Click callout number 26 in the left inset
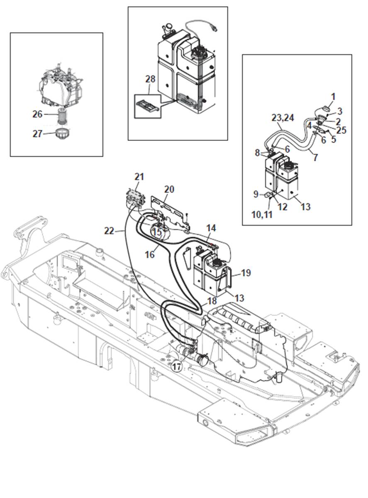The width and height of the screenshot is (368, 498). [x=37, y=113]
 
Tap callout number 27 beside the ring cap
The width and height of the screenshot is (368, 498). [x=37, y=133]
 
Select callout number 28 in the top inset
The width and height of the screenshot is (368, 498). [x=151, y=79]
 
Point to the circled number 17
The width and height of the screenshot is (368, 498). [x=177, y=367]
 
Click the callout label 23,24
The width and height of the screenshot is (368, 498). [x=283, y=118]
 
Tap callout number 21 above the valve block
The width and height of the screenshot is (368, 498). [x=139, y=177]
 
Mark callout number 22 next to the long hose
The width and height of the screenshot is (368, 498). [x=109, y=230]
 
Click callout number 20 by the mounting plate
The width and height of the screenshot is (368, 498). [x=169, y=189]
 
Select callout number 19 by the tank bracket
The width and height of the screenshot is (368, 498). [x=246, y=273]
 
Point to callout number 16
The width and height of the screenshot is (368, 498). [x=149, y=254]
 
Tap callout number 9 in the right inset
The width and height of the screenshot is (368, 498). [x=256, y=194]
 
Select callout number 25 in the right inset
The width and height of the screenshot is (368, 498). [x=341, y=131]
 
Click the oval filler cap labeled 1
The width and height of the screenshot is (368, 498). [x=326, y=108]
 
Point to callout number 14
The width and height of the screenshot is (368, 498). [x=211, y=228]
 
